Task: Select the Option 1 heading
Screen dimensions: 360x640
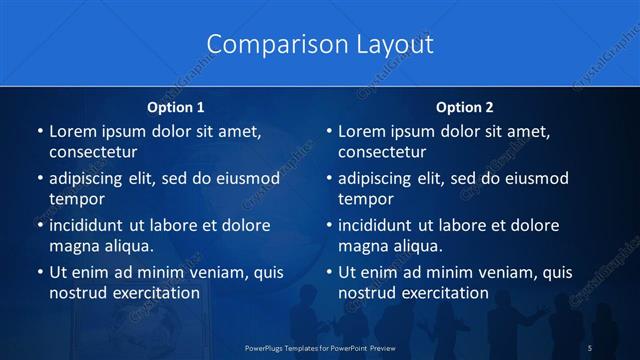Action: (176, 107)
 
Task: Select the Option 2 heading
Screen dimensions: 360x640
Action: (465, 107)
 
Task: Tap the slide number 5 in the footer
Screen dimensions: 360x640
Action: (590, 347)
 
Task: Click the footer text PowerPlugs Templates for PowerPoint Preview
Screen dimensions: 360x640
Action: (319, 347)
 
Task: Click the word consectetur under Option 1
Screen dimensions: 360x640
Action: (92, 152)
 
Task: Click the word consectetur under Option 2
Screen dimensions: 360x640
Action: (382, 152)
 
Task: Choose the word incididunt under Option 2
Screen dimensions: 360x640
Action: (384, 225)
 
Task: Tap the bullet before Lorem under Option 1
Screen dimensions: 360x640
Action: (39, 132)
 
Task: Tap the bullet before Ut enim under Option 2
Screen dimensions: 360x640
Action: (328, 272)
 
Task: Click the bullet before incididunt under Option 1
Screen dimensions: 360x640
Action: (39, 225)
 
